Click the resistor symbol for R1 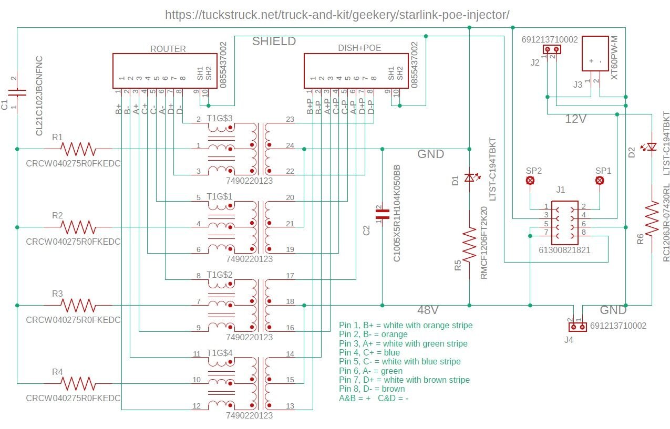(x=78, y=149)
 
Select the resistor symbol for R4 (x=78, y=383)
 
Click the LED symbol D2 (x=652, y=147)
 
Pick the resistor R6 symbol (x=652, y=221)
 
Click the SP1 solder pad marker (x=599, y=181)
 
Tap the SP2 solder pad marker (x=531, y=181)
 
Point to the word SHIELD (x=274, y=41)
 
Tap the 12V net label (x=575, y=119)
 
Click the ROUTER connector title (x=168, y=49)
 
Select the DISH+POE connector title (x=359, y=48)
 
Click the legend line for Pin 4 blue (x=369, y=352)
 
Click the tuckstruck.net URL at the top (x=337, y=15)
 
